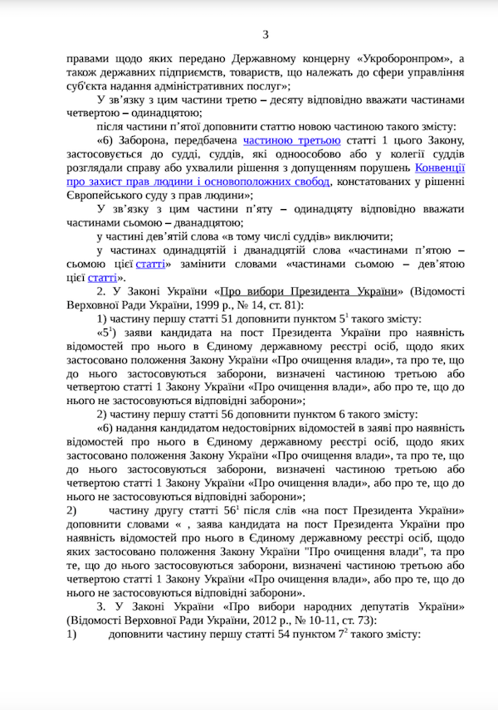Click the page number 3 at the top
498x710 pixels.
266,34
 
